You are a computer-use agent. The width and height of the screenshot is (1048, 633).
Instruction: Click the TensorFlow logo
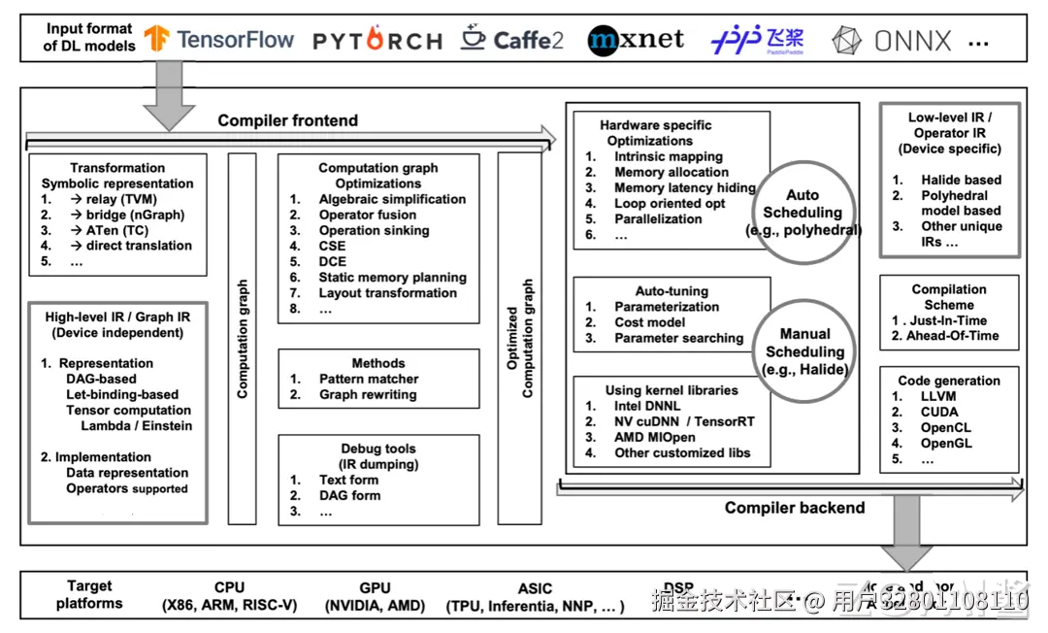pos(219,39)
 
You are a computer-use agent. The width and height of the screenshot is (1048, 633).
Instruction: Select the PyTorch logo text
pos(377,41)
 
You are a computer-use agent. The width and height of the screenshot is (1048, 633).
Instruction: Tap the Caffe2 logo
pos(512,39)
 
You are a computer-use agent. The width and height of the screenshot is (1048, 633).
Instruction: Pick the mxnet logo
pos(636,39)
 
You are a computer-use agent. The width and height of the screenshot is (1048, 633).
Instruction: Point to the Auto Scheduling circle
pos(802,213)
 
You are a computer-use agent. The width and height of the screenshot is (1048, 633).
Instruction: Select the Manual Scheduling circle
pos(804,352)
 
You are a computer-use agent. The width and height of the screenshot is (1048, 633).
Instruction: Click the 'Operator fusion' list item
pos(367,215)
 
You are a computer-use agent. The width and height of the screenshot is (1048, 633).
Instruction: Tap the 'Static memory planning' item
pos(392,277)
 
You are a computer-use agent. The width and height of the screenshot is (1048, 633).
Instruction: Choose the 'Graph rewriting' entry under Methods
pos(367,394)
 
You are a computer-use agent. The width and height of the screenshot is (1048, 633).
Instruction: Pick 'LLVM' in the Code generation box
pos(938,396)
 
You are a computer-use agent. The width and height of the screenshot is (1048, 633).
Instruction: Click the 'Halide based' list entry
pos(961,180)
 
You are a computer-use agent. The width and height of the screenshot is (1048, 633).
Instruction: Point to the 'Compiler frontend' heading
pos(287,120)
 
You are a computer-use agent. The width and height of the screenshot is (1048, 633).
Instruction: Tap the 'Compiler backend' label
pos(794,507)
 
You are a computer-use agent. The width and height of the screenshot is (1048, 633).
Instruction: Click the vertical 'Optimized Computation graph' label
pos(520,339)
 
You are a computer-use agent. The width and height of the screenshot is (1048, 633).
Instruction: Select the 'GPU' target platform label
pos(375,587)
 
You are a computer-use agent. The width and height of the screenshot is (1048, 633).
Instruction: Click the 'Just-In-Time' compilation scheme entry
pos(948,320)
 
